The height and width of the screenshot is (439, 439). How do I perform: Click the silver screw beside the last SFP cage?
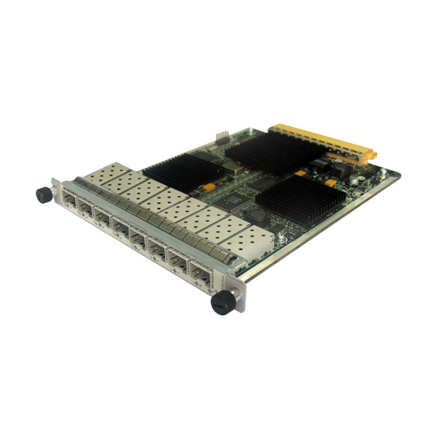(280, 238)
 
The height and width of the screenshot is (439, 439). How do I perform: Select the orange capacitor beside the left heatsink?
(209, 187)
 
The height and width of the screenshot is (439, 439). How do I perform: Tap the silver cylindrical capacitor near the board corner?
(353, 180)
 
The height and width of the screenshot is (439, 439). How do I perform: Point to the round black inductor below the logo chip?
(258, 215)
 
